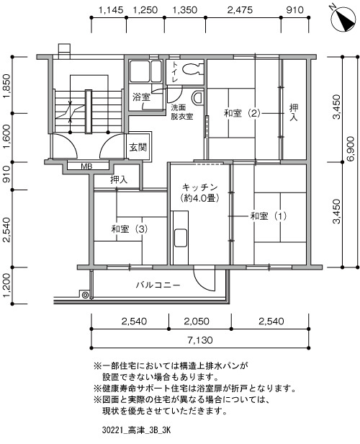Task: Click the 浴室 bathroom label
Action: pyautogui.click(x=141, y=97)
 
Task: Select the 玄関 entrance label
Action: pyautogui.click(x=138, y=147)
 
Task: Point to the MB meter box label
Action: pyautogui.click(x=86, y=166)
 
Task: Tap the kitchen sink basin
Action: pyautogui.click(x=181, y=237)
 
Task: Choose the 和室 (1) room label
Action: pyautogui.click(x=269, y=216)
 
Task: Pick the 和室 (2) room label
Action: pyautogui.click(x=242, y=113)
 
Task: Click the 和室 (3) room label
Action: pyautogui.click(x=130, y=228)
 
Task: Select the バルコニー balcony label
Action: pyautogui.click(x=158, y=285)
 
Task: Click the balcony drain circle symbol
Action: pyautogui.click(x=85, y=295)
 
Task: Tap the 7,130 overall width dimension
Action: pyautogui.click(x=200, y=339)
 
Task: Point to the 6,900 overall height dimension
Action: pyautogui.click(x=351, y=148)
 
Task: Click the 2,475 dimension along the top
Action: pyautogui.click(x=240, y=10)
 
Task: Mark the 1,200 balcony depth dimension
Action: pyautogui.click(x=7, y=285)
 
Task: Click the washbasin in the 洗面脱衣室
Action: pyautogui.click(x=198, y=98)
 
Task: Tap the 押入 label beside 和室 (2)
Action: pyautogui.click(x=294, y=112)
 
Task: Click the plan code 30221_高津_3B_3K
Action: pyautogui.click(x=136, y=431)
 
